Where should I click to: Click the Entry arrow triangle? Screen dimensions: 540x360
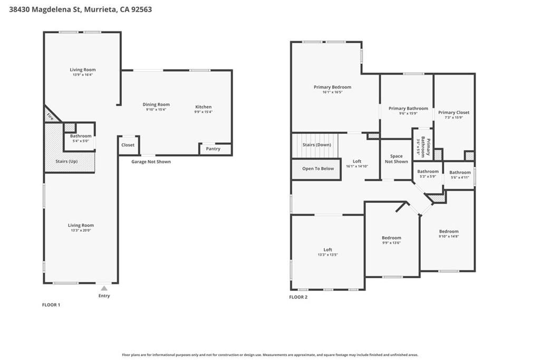click(x=104, y=288)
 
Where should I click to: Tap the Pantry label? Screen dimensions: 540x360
click(x=213, y=149)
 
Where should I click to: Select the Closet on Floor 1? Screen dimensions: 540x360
click(x=128, y=145)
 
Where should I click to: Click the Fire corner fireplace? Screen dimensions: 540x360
click(x=51, y=114)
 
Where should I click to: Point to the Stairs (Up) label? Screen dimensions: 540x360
click(x=66, y=161)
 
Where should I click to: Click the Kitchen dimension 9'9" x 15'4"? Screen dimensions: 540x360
click(x=203, y=112)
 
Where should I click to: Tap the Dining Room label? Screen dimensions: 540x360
click(x=156, y=104)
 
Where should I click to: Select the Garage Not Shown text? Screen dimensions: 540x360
click(x=151, y=162)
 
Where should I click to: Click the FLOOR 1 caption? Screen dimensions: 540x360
click(x=51, y=305)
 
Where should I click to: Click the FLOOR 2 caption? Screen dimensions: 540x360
click(x=298, y=297)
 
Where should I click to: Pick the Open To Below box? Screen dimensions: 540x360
click(x=316, y=169)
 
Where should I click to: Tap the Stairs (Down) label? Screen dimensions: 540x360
click(x=316, y=145)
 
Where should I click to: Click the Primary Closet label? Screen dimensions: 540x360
click(x=454, y=113)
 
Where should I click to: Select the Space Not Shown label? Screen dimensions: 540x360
click(x=397, y=159)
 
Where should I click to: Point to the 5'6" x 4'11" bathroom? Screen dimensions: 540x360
click(x=459, y=176)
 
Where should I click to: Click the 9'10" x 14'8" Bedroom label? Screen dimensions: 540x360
click(x=449, y=231)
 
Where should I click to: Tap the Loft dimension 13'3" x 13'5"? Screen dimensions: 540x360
click(x=327, y=255)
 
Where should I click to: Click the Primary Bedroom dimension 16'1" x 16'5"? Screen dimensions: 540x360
click(x=332, y=92)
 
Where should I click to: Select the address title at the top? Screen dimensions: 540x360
click(x=81, y=9)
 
